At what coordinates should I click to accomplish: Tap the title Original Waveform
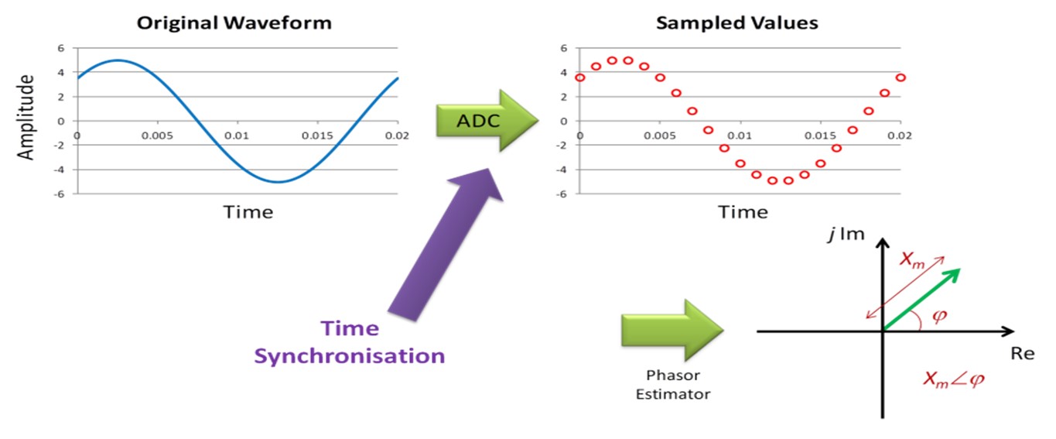234,22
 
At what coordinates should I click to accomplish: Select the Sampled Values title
736,22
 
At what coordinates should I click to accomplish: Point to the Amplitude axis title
27,118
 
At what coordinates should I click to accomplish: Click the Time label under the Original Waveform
248,211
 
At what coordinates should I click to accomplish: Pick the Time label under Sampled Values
743,211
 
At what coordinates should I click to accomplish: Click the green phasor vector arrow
921,298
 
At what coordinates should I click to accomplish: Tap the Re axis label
1023,353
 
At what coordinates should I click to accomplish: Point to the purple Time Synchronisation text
350,342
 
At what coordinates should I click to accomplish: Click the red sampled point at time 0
580,77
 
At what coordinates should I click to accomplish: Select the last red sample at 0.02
901,77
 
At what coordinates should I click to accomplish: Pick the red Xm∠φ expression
955,379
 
